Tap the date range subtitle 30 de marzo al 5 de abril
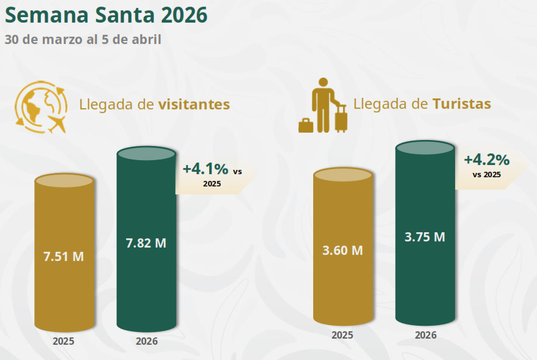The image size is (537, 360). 83,40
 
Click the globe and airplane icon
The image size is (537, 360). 40,106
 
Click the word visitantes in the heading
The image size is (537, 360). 194,105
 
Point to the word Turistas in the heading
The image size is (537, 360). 461,104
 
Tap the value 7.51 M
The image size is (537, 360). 64,257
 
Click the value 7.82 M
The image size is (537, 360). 146,243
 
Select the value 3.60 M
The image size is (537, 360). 343,250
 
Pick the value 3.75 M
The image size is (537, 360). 425,237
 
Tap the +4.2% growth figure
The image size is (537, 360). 486,160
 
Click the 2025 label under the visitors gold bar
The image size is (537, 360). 64,341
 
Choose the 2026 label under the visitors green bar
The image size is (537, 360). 147,341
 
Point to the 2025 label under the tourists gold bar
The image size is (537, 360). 343,335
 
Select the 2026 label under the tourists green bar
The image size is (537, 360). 426,335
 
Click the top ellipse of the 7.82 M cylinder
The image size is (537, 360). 146,153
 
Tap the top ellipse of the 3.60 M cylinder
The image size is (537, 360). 343,174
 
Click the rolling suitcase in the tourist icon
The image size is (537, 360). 341,119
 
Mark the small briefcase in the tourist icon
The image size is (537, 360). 306,125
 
